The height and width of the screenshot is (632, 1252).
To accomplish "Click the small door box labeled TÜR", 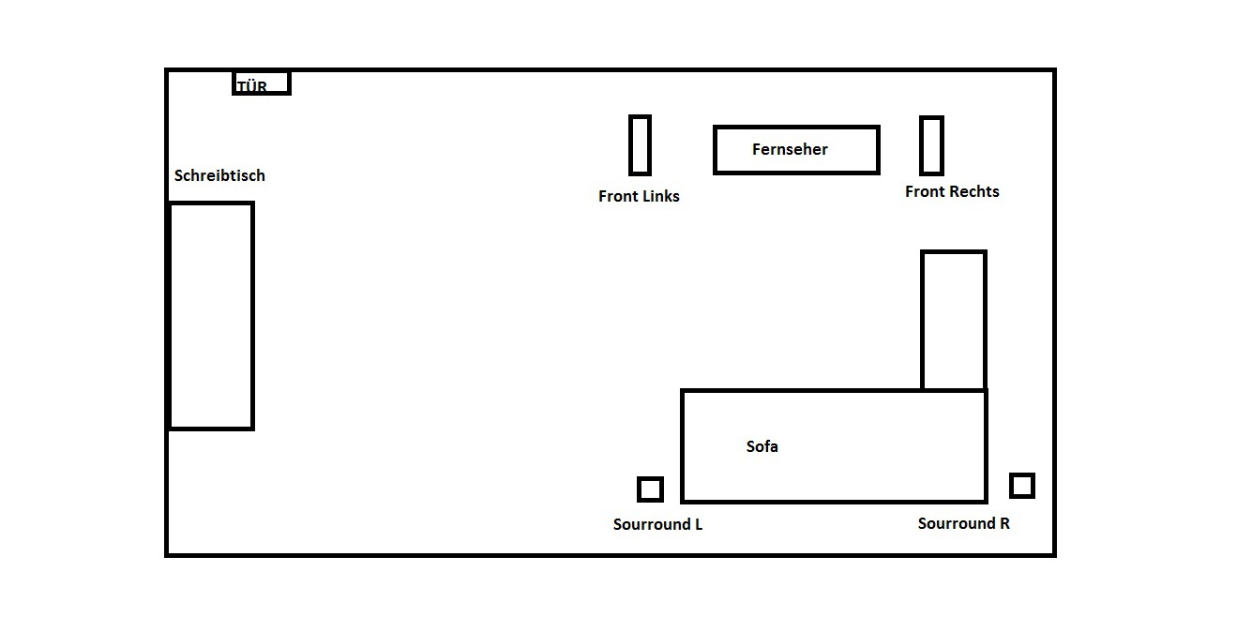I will tap(262, 83).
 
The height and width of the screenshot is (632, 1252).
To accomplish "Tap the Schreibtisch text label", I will tap(219, 175).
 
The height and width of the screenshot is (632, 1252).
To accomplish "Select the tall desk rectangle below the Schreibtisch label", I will tap(211, 316).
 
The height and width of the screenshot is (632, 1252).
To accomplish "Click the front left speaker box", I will tap(640, 144).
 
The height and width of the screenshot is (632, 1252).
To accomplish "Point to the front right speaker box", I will tap(931, 145).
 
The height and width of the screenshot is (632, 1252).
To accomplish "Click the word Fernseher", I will tap(790, 149).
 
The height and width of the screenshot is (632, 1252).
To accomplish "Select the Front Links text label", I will tap(639, 196).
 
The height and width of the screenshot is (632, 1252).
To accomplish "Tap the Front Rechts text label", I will tap(952, 191).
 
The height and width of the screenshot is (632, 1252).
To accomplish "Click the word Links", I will tap(659, 196).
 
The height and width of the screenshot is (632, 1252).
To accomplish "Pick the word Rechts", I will tap(974, 191).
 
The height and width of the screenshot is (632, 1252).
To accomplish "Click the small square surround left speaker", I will tap(650, 489).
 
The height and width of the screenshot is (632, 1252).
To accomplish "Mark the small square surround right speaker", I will tap(1022, 486).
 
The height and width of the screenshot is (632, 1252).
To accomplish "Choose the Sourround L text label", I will tap(657, 524).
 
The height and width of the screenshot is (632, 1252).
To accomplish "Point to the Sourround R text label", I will tap(963, 523).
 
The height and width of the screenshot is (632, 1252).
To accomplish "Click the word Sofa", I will tap(762, 446).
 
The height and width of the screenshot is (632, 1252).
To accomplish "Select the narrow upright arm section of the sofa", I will tap(954, 320).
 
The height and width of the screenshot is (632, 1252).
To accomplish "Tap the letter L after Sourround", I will tap(698, 524).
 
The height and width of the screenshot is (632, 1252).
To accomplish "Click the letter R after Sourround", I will tap(1004, 523).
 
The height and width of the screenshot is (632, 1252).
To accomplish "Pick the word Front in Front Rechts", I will tap(925, 191).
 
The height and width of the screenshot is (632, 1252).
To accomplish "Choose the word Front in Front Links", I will tap(618, 196).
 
